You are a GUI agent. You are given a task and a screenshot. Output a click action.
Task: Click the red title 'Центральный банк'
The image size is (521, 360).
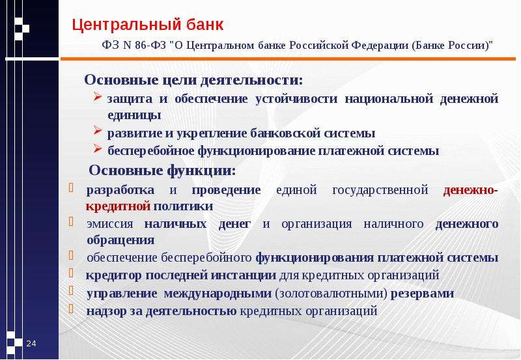click(148, 25)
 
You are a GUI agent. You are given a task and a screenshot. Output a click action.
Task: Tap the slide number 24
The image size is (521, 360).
click(31, 343)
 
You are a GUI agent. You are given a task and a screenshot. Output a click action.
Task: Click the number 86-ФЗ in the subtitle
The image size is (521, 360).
click(150, 45)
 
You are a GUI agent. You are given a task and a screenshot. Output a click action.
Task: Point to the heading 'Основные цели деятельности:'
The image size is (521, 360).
click(193, 80)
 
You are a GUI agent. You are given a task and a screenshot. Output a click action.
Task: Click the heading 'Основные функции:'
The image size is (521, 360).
click(162, 171)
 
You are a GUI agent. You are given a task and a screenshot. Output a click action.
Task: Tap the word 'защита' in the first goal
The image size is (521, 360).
click(130, 99)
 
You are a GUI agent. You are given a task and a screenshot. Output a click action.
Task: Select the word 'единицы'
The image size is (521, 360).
click(134, 115)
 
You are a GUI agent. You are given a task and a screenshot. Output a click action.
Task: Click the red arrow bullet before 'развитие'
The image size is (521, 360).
click(97, 130)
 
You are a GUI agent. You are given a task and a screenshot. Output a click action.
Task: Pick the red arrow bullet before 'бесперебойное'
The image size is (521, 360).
click(97, 148)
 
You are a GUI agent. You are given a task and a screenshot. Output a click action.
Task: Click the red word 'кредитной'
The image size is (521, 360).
click(119, 206)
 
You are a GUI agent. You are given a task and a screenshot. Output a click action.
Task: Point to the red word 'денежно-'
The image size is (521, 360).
click(470, 190)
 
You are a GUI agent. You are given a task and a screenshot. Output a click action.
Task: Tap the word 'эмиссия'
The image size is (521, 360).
click(110, 224)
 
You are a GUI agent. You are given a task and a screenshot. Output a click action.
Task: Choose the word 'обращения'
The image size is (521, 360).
click(120, 240)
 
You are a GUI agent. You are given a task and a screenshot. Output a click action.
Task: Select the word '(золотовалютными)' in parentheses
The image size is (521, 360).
click(331, 294)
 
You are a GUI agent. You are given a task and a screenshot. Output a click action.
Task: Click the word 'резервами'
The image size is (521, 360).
click(422, 294)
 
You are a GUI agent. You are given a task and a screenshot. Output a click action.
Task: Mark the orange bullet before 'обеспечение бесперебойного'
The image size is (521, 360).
click(71, 255)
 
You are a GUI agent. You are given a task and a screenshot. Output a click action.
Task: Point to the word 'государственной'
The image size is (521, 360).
click(380, 190)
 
